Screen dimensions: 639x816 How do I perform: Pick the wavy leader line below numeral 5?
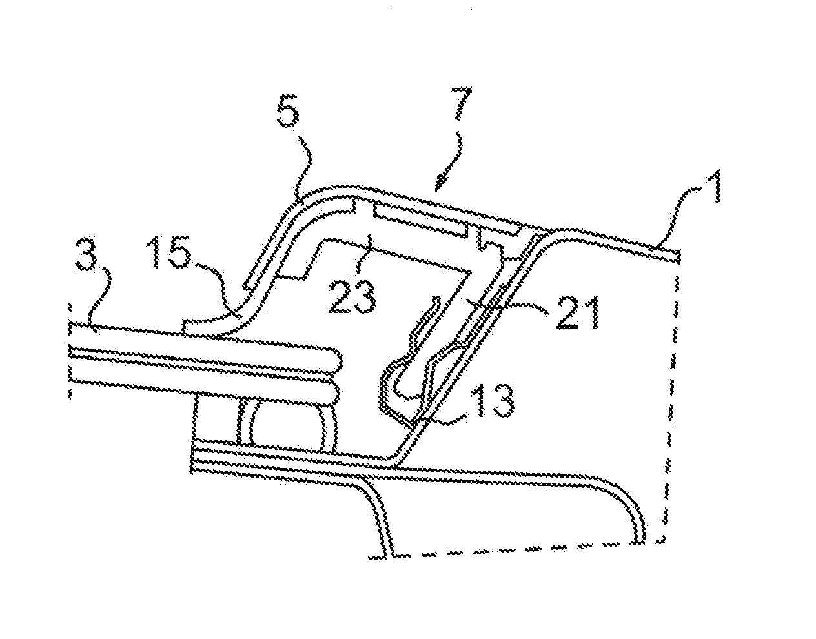[x=303, y=168]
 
